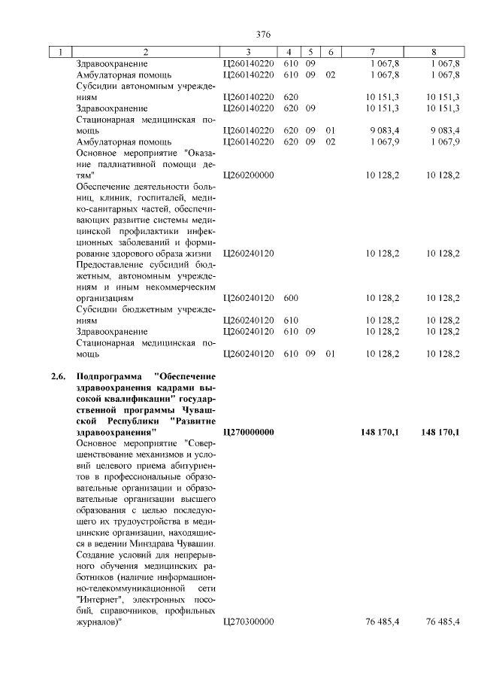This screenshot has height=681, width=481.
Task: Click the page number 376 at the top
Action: [263, 35]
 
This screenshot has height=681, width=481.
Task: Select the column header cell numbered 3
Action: [247, 52]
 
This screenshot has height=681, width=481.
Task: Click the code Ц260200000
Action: [249, 175]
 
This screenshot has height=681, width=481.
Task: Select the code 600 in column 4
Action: [292, 298]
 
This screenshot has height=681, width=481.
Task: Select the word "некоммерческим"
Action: [180, 287]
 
